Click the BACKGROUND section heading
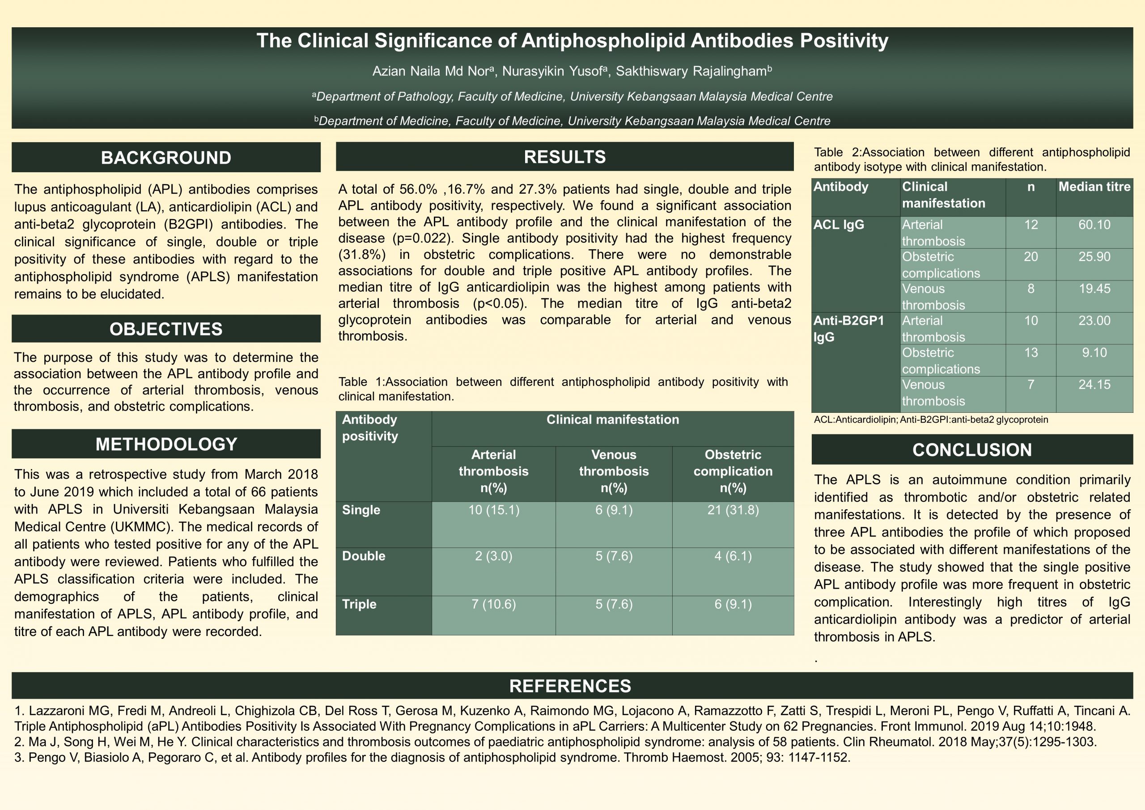click(165, 157)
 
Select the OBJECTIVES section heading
click(165, 329)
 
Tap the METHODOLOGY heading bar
click(165, 444)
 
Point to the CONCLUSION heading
click(972, 450)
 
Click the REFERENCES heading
click(570, 686)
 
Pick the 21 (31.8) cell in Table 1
click(733, 510)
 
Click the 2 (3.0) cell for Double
click(493, 556)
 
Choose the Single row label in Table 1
click(361, 510)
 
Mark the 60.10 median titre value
click(1094, 225)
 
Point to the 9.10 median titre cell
click(1094, 352)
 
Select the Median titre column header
click(1094, 187)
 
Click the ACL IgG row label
click(839, 225)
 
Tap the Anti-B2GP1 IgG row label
click(848, 329)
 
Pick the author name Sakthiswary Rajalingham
click(691, 71)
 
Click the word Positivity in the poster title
click(844, 41)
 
